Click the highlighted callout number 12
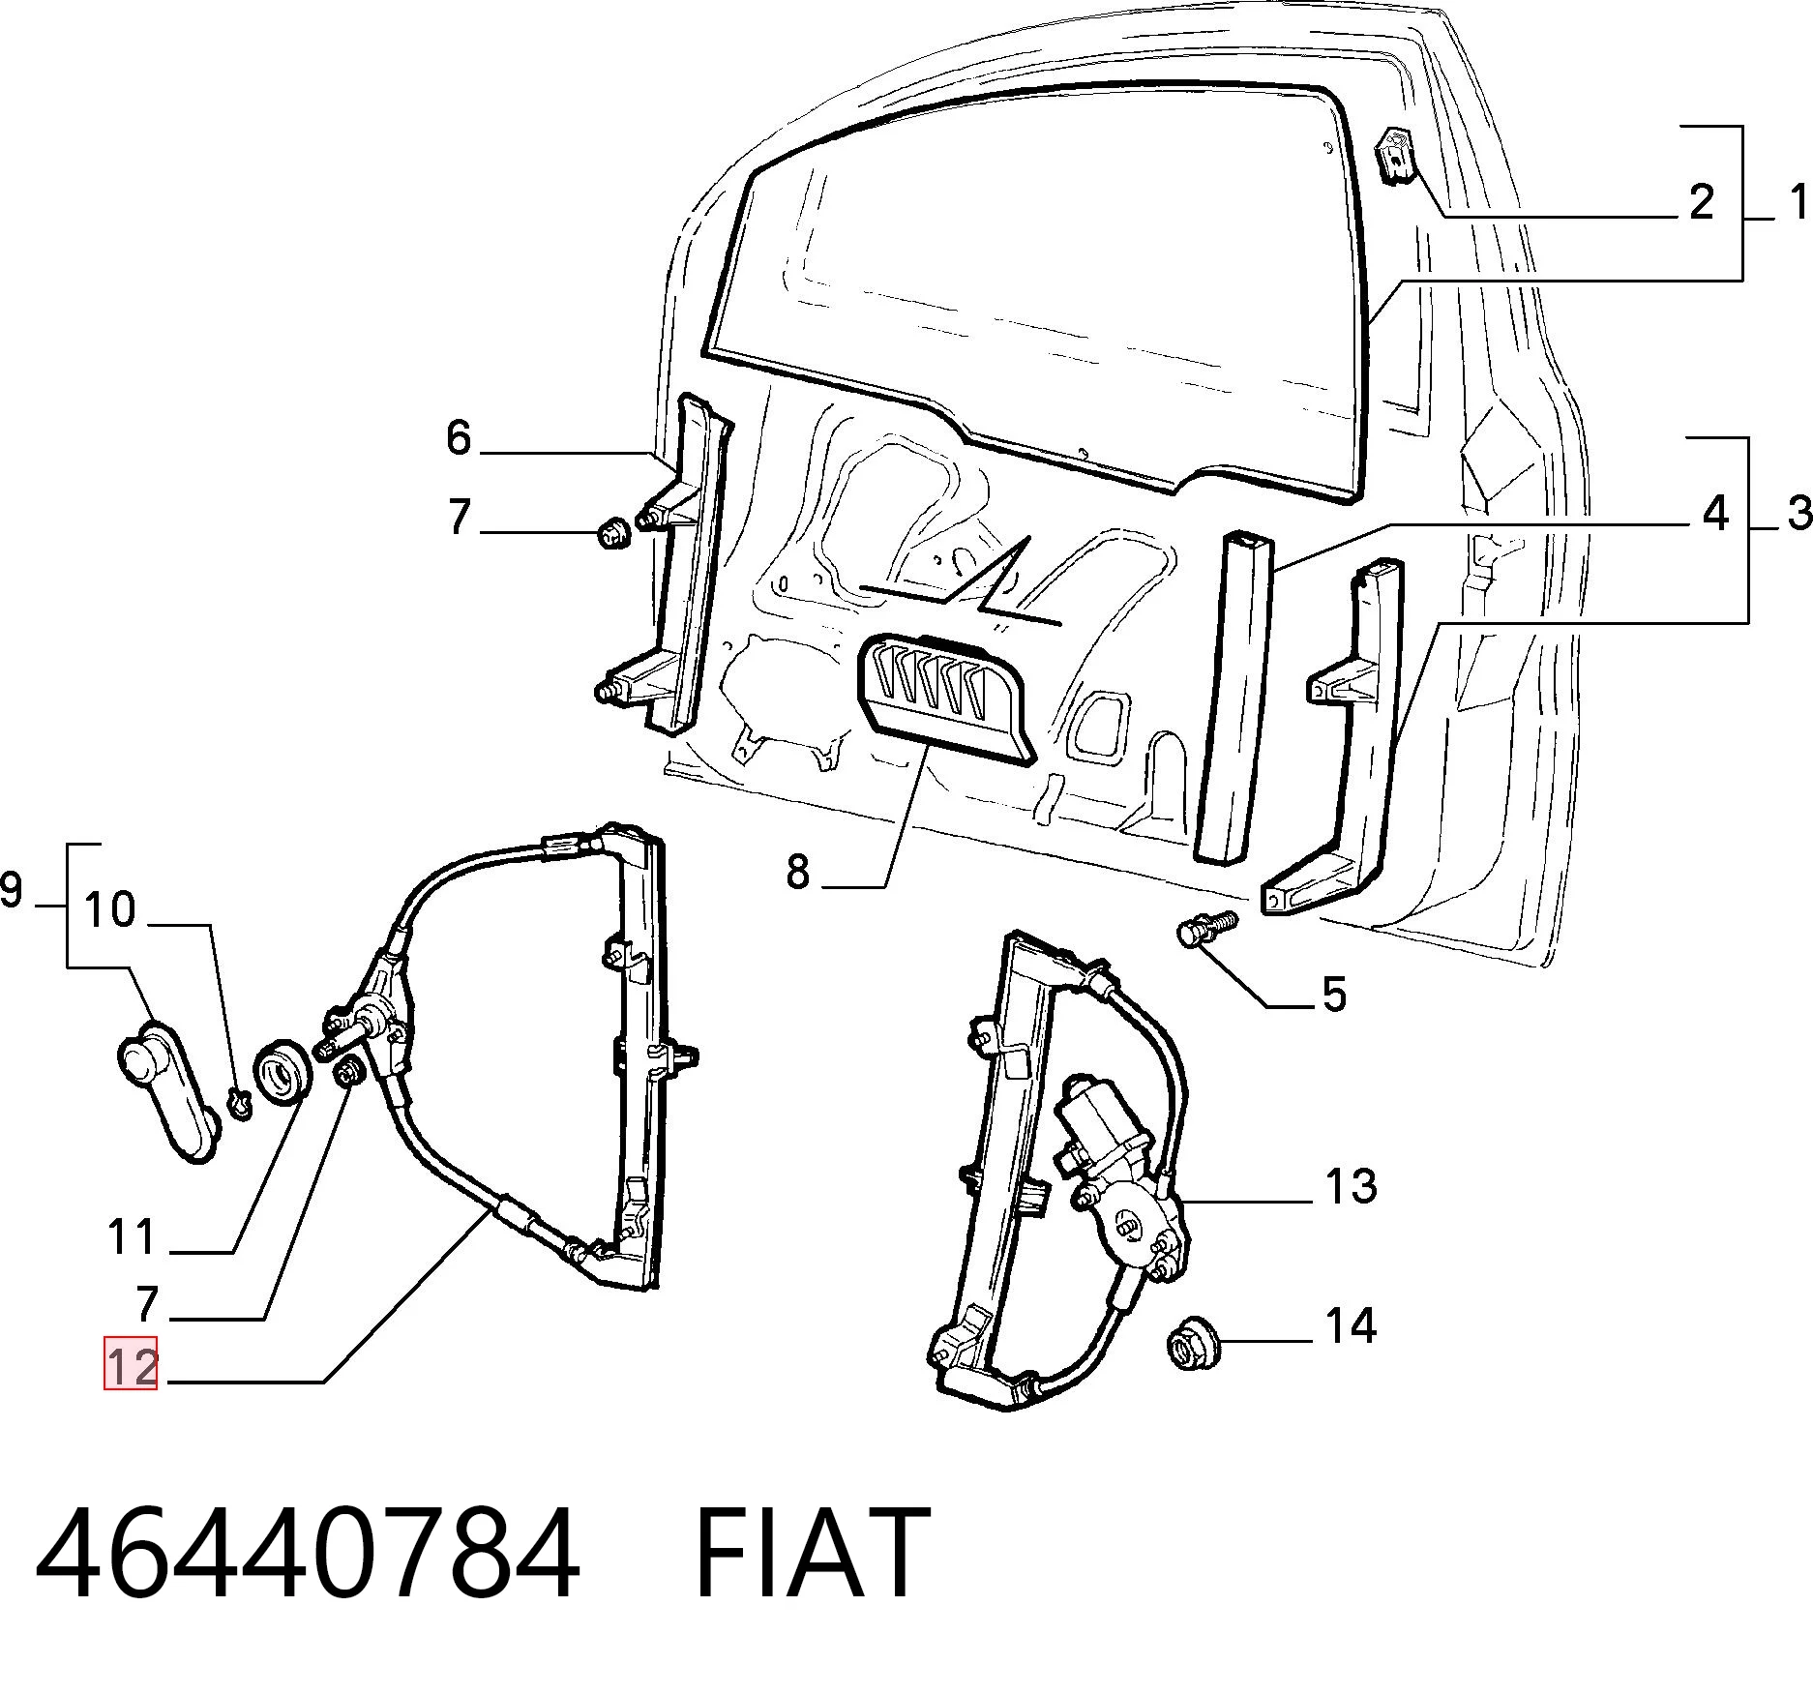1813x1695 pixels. click(131, 1363)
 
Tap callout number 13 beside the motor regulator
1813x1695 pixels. click(1351, 1187)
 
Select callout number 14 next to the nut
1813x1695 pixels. click(1351, 1325)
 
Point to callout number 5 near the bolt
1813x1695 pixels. click(1334, 995)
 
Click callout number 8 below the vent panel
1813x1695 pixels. click(797, 872)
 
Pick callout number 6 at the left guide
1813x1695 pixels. click(459, 437)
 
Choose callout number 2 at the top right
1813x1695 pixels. click(1701, 202)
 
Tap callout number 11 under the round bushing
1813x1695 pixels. click(132, 1237)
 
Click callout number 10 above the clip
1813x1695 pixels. click(109, 909)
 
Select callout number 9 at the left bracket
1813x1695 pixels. click(11, 889)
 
